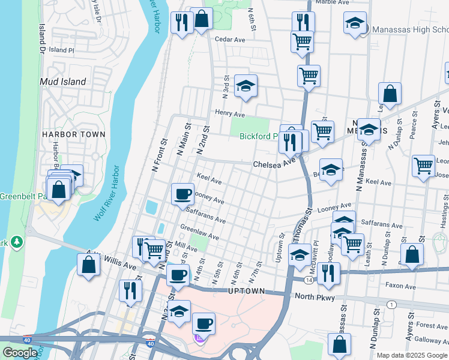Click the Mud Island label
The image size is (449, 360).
[63, 82]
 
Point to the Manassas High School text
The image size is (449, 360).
[410, 29]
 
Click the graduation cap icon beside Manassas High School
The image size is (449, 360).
[355, 23]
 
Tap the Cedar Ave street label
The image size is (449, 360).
[231, 40]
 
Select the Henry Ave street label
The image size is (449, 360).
[230, 113]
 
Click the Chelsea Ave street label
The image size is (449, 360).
[274, 163]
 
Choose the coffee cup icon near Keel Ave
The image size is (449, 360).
[182, 194]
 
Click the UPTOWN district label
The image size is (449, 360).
[246, 291]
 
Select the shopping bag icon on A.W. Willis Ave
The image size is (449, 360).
[89, 265]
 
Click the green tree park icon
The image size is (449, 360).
[18, 242]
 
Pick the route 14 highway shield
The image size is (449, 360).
[308, 280]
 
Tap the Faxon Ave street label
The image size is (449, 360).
[401, 287]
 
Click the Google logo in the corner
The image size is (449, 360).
[20, 353]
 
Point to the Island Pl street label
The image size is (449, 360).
[62, 50]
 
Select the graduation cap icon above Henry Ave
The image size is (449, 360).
[245, 86]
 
